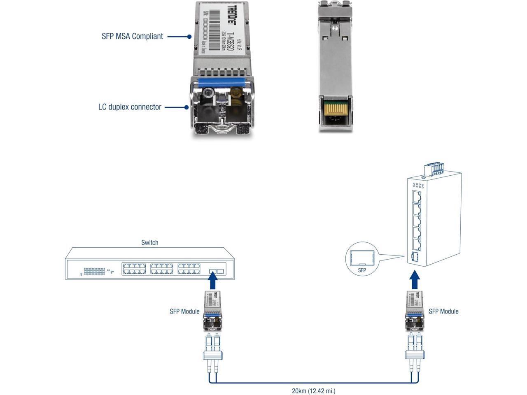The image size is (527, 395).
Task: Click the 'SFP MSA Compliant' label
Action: (x=132, y=36)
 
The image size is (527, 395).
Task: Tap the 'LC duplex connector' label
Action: (x=130, y=107)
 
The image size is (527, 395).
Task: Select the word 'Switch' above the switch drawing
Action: (x=149, y=242)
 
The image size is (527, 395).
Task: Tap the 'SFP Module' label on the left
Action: (x=184, y=311)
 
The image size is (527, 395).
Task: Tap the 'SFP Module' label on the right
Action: (x=443, y=311)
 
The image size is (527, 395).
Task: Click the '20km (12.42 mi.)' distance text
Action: (x=313, y=391)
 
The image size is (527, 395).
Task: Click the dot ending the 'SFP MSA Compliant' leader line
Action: (x=189, y=36)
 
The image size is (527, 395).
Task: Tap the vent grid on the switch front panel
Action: (x=94, y=271)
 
